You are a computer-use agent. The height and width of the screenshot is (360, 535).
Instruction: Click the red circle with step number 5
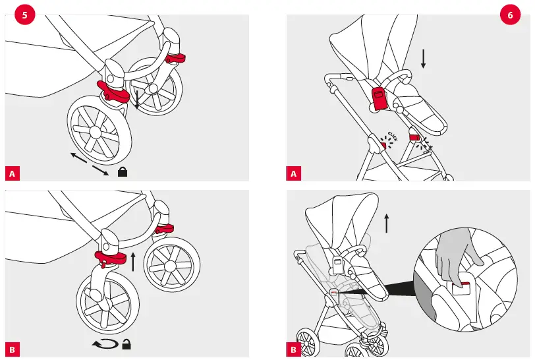coord(25,15)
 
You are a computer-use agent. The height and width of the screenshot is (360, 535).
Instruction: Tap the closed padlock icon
coord(122,172)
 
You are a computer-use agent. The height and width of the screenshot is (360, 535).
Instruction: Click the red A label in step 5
coord(12,173)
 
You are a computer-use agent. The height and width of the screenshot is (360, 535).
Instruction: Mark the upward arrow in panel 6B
coord(387,222)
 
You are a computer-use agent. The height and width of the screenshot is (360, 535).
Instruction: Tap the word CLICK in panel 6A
coord(393,135)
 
